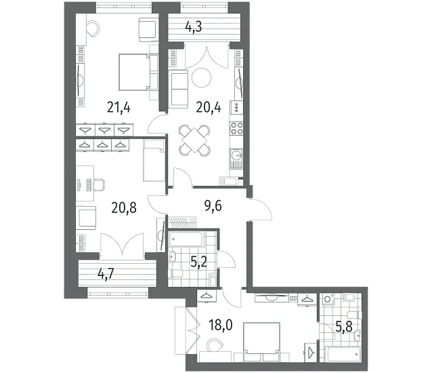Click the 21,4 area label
[x=118, y=107]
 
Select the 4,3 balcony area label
[x=194, y=27]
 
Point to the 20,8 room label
[x=124, y=208]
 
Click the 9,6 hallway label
[x=213, y=205]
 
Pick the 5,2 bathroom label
[x=198, y=262]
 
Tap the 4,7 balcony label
[x=106, y=274]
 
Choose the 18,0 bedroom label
[x=221, y=325]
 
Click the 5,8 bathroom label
[x=344, y=327]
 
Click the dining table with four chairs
[x=194, y=140]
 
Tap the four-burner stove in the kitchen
[x=236, y=128]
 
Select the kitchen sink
[x=236, y=159]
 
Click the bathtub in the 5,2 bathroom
[x=186, y=239]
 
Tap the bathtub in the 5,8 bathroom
[x=343, y=354]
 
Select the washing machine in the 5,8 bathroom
[x=328, y=299]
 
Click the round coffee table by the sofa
[x=201, y=78]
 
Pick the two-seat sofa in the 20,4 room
[x=179, y=88]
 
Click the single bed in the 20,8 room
[x=154, y=160]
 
